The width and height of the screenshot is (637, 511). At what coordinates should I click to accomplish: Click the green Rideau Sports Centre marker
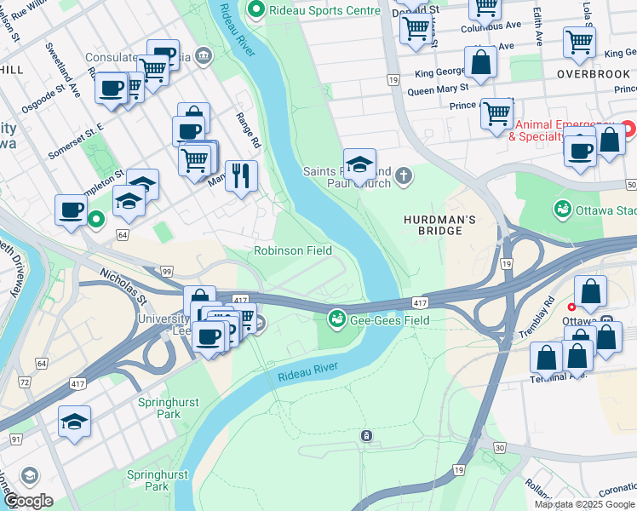(x=254, y=10)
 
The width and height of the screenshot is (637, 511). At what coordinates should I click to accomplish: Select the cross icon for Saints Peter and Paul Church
(x=403, y=176)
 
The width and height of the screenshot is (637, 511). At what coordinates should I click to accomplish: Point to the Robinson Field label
(x=293, y=250)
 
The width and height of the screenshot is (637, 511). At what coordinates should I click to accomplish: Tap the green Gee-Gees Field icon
(x=337, y=319)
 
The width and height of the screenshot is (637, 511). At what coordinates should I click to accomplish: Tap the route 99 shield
(x=167, y=272)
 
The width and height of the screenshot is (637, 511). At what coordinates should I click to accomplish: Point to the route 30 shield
(x=499, y=447)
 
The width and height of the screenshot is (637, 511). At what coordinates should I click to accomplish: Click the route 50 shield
(x=629, y=185)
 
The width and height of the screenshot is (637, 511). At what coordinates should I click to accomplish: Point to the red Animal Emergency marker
(x=628, y=129)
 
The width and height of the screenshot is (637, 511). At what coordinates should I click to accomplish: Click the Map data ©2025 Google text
(x=584, y=504)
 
